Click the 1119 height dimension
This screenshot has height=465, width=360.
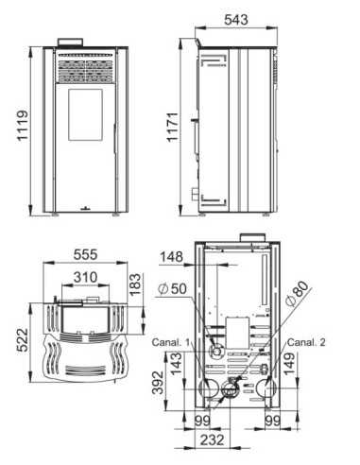tap(23, 126)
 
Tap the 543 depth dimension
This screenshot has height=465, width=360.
tap(236, 20)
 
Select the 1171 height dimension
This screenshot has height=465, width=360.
tap(173, 127)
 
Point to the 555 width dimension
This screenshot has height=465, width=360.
tap(85, 254)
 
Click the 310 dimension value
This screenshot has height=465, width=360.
tap(85, 278)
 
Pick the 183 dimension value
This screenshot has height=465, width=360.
tap(135, 284)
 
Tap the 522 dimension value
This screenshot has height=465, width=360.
tap(23, 340)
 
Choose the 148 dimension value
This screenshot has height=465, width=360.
tap(172, 257)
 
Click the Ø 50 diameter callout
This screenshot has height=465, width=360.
tap(172, 288)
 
